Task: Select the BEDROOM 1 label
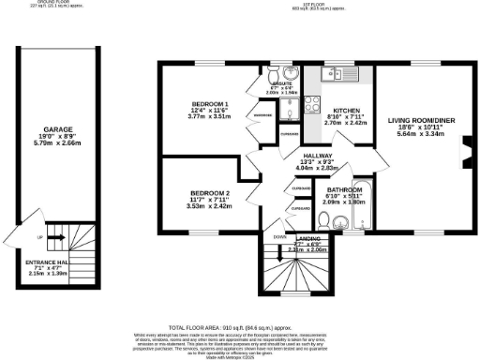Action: coord(211,103)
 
